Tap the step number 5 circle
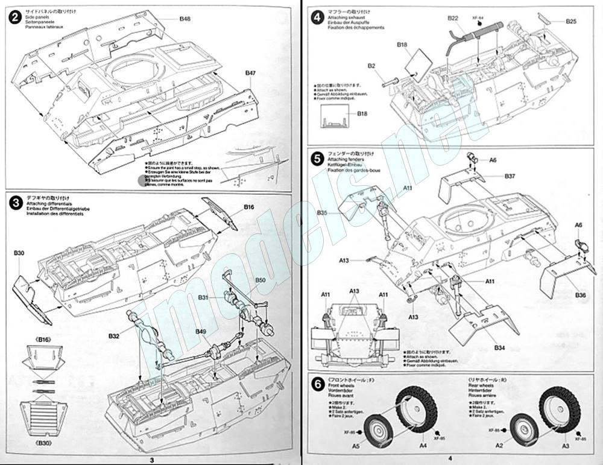[x=317, y=160]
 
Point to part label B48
[x=185, y=19]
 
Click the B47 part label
[x=251, y=73]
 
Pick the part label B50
[x=260, y=280]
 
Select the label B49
[x=201, y=331]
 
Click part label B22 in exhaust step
[x=453, y=19]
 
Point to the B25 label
[x=572, y=22]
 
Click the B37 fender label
[x=510, y=176]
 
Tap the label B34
[x=499, y=348]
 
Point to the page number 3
[x=152, y=460]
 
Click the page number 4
[x=434, y=460]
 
